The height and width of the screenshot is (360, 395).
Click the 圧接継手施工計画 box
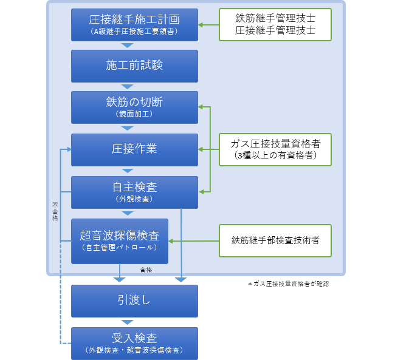134,24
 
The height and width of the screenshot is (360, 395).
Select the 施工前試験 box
134,66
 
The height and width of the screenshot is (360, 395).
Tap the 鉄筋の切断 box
134,107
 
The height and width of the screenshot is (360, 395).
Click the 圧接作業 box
134,149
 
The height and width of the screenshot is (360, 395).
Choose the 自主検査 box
134,192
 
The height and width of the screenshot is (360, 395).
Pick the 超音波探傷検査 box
120,240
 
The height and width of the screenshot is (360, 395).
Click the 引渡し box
134,301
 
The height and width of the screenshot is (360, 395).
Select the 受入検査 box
134,343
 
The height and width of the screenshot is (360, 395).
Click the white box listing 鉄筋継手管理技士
275,24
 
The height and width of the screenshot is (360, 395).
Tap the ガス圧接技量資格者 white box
275,149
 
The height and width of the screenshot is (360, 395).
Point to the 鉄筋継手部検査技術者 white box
275,240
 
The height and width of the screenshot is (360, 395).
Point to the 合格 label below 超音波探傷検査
146,270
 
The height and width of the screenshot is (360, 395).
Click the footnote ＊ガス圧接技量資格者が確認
297,284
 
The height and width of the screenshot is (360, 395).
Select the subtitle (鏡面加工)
134,114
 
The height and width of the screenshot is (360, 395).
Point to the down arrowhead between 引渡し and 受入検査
127,322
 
